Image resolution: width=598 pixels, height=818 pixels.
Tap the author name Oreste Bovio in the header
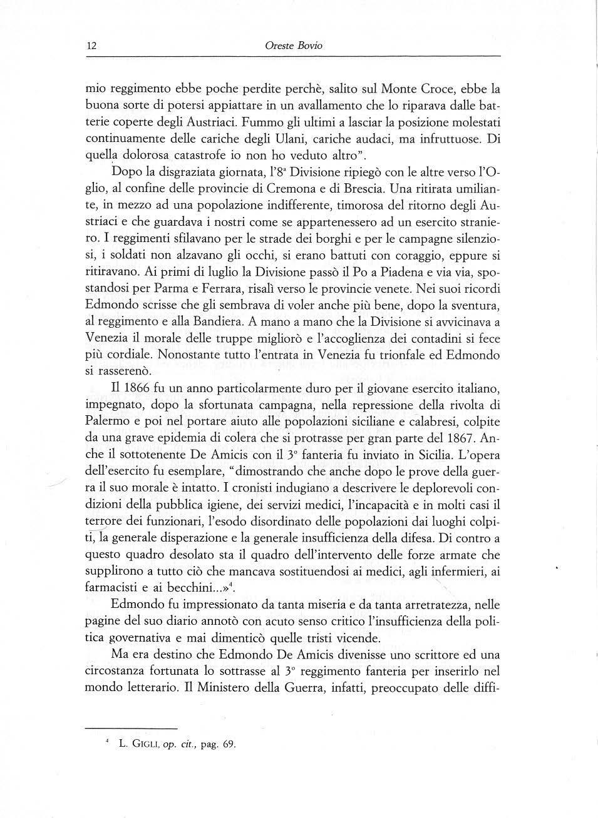[x=294, y=46]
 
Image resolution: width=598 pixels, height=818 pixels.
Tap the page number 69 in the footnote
[x=229, y=745]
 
